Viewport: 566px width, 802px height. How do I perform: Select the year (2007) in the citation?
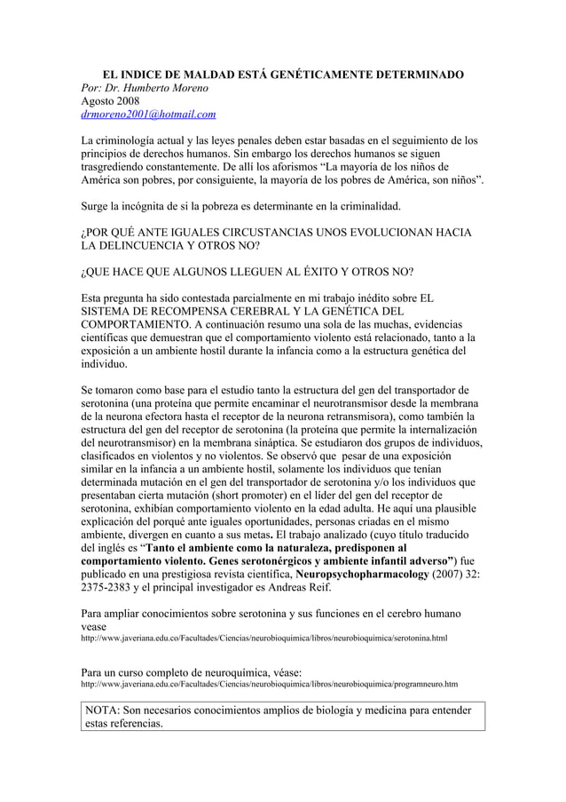point(475,573)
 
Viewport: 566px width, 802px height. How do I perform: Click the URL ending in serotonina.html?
point(263,639)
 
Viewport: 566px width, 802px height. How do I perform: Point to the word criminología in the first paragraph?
point(134,142)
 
